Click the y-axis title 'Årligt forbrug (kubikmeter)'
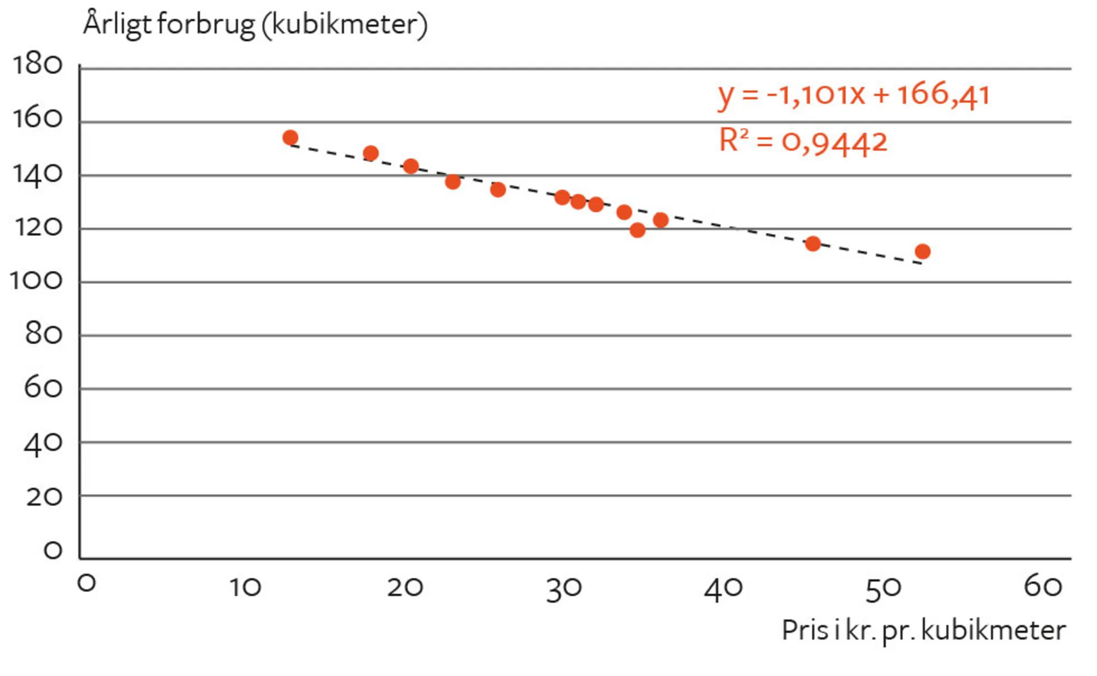click(255, 25)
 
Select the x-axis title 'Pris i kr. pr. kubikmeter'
click(924, 630)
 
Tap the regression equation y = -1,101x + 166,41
click(853, 94)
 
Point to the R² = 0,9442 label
click(802, 141)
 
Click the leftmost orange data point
click(290, 138)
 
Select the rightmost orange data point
click(923, 252)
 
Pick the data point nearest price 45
click(813, 244)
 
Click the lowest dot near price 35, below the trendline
click(637, 230)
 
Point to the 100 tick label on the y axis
click(36, 281)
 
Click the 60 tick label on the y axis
click(43, 389)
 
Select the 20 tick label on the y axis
click(44, 497)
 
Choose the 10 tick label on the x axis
click(245, 588)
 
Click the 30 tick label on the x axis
click(564, 589)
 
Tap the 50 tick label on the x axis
click(883, 589)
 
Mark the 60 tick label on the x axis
click(1043, 587)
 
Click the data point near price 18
click(371, 154)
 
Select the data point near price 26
click(498, 190)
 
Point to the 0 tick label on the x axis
click(87, 583)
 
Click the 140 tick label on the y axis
click(37, 175)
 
